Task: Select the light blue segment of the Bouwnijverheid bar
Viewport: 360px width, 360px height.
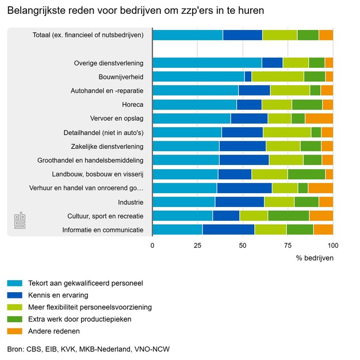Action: pos(198,76)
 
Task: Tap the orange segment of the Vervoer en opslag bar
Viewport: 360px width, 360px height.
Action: pos(319,118)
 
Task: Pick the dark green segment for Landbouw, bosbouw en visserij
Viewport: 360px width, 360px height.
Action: pos(307,174)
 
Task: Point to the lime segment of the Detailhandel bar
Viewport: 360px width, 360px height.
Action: pos(287,132)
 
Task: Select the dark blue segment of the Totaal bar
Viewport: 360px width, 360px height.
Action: pos(243,35)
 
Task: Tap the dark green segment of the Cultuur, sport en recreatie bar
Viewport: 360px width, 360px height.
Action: pos(289,216)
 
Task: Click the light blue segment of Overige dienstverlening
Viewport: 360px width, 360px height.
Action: pos(207,63)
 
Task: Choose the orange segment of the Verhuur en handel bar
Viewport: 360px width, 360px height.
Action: pos(320,188)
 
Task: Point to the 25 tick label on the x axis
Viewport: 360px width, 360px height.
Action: pos(198,246)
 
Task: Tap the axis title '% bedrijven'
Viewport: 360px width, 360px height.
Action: pos(315,258)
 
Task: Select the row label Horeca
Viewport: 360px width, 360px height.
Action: pos(133,105)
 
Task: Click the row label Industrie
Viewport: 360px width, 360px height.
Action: pos(131,202)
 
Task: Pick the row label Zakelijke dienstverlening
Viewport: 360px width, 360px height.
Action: pos(107,147)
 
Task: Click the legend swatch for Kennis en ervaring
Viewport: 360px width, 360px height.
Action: pos(14,295)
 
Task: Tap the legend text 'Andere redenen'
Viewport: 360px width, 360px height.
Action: pos(54,331)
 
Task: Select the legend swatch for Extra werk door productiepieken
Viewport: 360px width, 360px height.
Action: pos(14,319)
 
